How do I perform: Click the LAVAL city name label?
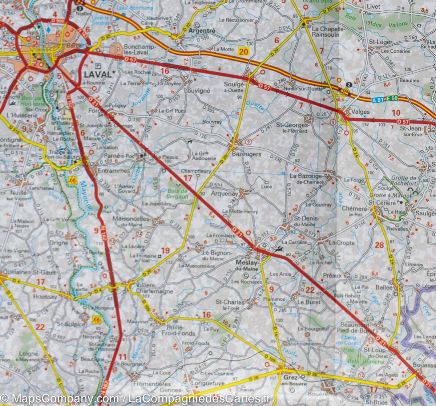pyautogui.click(x=97, y=74)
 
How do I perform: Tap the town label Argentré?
pyautogui.click(x=202, y=31)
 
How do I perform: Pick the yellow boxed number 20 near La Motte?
pyautogui.click(x=243, y=52)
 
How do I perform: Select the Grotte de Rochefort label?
pyautogui.click(x=404, y=181)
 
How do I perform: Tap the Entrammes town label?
pyautogui.click(x=113, y=170)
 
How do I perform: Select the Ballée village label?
pyautogui.click(x=384, y=287)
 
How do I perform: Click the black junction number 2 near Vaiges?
pyautogui.click(x=349, y=85)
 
